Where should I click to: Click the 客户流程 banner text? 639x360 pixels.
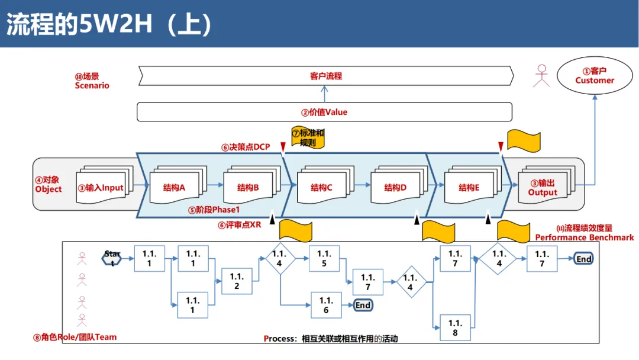tap(326, 76)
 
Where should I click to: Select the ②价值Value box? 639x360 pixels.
tap(324, 112)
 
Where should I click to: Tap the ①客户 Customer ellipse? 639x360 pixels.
tap(595, 76)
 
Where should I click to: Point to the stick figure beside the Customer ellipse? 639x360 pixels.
tap(541, 76)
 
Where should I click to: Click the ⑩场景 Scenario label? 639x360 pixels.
tap(92, 81)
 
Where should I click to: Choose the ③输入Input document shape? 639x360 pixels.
tap(104, 185)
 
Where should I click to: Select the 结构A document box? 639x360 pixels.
tap(178, 185)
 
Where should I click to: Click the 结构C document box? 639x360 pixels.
tap(325, 185)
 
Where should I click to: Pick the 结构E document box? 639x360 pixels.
tap(473, 185)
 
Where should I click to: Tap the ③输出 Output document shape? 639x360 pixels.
tap(547, 185)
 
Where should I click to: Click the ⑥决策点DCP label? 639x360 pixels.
tap(246, 147)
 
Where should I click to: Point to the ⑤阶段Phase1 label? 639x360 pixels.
tap(214, 210)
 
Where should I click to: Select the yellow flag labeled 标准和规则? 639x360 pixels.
tap(308, 137)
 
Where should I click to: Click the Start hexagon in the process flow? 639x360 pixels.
tap(112, 259)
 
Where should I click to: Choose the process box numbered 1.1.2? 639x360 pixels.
tap(237, 281)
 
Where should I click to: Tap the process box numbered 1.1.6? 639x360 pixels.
tap(326, 305)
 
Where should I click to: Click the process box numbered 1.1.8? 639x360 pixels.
tap(455, 328)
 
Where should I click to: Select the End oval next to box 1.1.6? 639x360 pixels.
tap(363, 306)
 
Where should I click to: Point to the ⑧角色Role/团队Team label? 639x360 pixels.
tap(75, 337)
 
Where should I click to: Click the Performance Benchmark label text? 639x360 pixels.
tap(585, 237)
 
